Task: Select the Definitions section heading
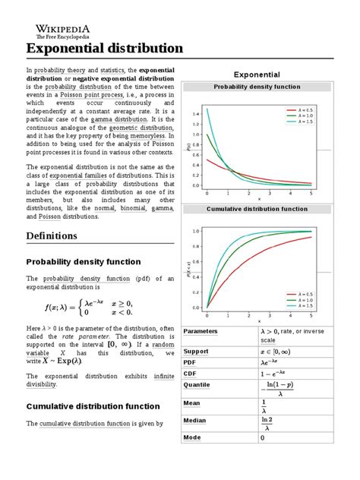coord(52,235)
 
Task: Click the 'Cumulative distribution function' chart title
coord(256,209)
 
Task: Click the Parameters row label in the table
coord(201,332)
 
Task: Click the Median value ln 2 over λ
coord(267,422)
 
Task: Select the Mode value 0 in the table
coord(263,438)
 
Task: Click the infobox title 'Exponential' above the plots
coord(256,74)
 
